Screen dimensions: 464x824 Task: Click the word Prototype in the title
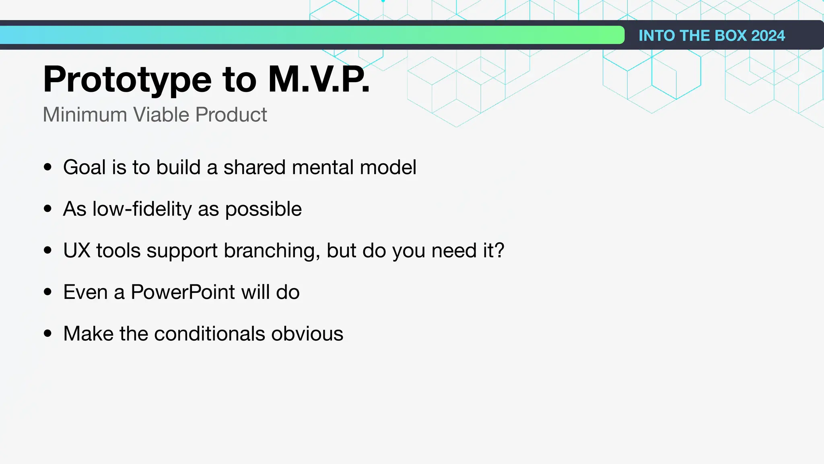pyautogui.click(x=127, y=80)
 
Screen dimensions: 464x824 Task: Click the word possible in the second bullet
pyautogui.click(x=263, y=209)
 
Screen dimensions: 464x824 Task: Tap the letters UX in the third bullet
pyautogui.click(x=77, y=251)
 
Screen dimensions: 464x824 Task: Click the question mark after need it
pyautogui.click(x=499, y=251)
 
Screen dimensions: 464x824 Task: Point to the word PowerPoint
pyautogui.click(x=183, y=292)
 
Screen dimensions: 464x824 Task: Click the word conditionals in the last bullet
pyautogui.click(x=209, y=334)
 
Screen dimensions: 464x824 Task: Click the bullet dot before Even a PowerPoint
pyautogui.click(x=48, y=292)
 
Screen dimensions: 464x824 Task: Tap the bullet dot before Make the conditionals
pyautogui.click(x=48, y=333)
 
